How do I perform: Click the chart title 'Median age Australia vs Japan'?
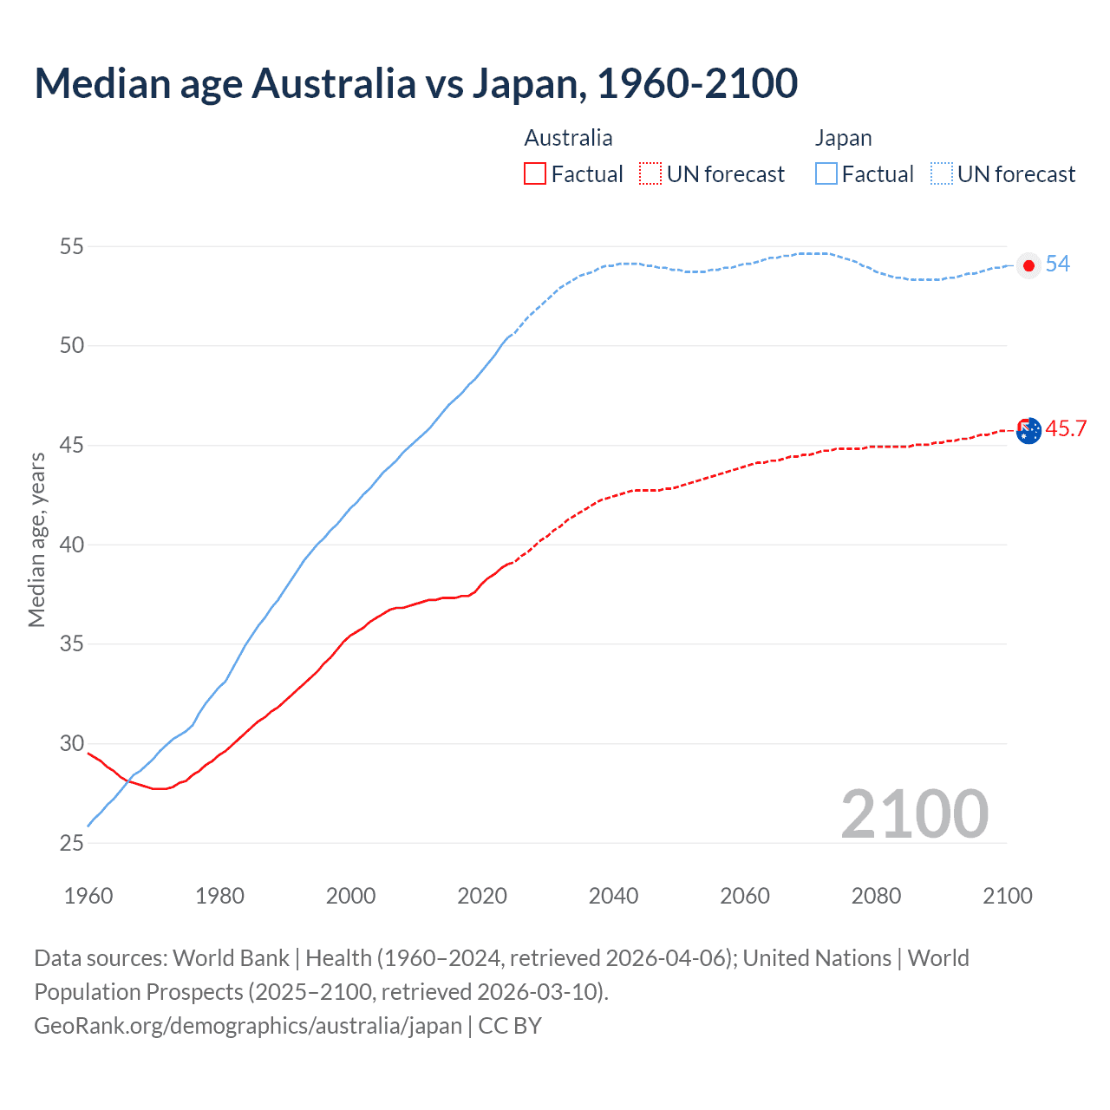(x=415, y=83)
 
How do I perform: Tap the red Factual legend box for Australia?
(x=535, y=174)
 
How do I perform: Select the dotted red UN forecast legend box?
(x=650, y=174)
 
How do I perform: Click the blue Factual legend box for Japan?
(x=826, y=174)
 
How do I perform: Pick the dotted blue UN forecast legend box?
(x=942, y=174)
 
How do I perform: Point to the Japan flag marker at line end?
(x=1028, y=265)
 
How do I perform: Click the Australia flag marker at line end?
(x=1028, y=430)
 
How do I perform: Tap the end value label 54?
(x=1058, y=264)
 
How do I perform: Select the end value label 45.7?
(x=1066, y=429)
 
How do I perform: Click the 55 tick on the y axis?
(x=72, y=247)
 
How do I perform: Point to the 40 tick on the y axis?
(x=72, y=545)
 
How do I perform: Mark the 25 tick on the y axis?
(x=72, y=844)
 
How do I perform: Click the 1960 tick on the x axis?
(x=88, y=896)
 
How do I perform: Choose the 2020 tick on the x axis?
(x=482, y=896)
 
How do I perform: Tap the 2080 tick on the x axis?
(x=876, y=896)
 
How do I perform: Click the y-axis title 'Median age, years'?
(x=36, y=539)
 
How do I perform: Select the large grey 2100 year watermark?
(x=914, y=813)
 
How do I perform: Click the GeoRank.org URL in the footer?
(x=248, y=1026)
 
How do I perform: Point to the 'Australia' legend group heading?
(x=568, y=139)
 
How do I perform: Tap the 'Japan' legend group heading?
(x=843, y=139)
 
